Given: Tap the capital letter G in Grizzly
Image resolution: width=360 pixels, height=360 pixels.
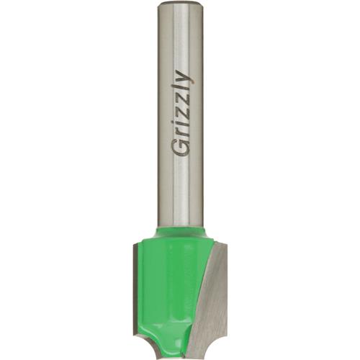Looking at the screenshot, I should coord(179,147).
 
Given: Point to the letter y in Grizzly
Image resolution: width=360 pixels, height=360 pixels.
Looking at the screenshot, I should coord(183,78).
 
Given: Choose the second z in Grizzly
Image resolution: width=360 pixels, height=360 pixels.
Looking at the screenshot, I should coord(181,102).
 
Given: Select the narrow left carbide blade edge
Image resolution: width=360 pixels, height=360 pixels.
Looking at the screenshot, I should coord(137,288).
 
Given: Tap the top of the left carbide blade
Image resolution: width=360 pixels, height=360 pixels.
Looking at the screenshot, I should coord(137,246).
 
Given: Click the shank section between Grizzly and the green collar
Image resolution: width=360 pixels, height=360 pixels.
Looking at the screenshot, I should coord(180,194).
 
